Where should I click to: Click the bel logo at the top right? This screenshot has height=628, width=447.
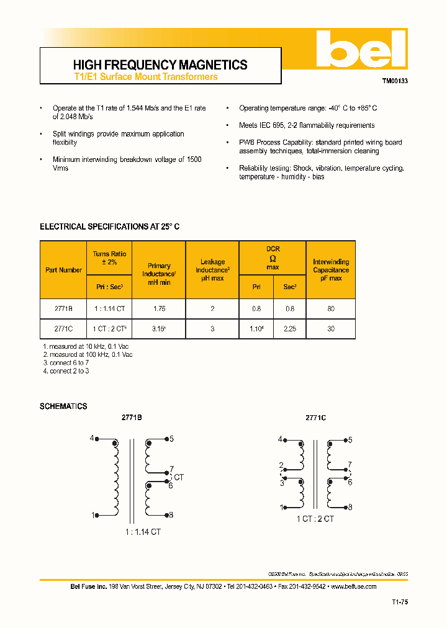tap(359, 49)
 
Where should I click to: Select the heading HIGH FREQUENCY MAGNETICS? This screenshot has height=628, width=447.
tap(160, 65)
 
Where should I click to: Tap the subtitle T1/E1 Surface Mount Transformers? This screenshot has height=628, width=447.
tap(145, 77)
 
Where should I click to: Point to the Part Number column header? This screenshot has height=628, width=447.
tap(63, 270)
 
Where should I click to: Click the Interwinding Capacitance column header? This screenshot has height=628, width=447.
tap(331, 270)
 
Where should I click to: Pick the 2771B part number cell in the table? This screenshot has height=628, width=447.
tap(63, 308)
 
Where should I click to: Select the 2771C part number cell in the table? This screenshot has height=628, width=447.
tap(63, 329)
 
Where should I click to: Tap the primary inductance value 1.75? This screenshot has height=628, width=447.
tap(159, 308)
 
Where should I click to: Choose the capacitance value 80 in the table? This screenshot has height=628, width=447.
tap(331, 308)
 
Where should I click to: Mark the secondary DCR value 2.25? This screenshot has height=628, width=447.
tap(290, 329)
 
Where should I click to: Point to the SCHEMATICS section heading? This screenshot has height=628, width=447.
tap(63, 406)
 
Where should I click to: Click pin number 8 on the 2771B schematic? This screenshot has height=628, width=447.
tap(171, 514)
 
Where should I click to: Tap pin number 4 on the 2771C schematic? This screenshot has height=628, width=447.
tap(280, 439)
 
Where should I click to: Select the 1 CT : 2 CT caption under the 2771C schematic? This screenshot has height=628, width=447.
tap(315, 519)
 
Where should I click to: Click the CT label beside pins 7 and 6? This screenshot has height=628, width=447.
tap(179, 477)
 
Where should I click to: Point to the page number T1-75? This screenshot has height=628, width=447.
tap(400, 602)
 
